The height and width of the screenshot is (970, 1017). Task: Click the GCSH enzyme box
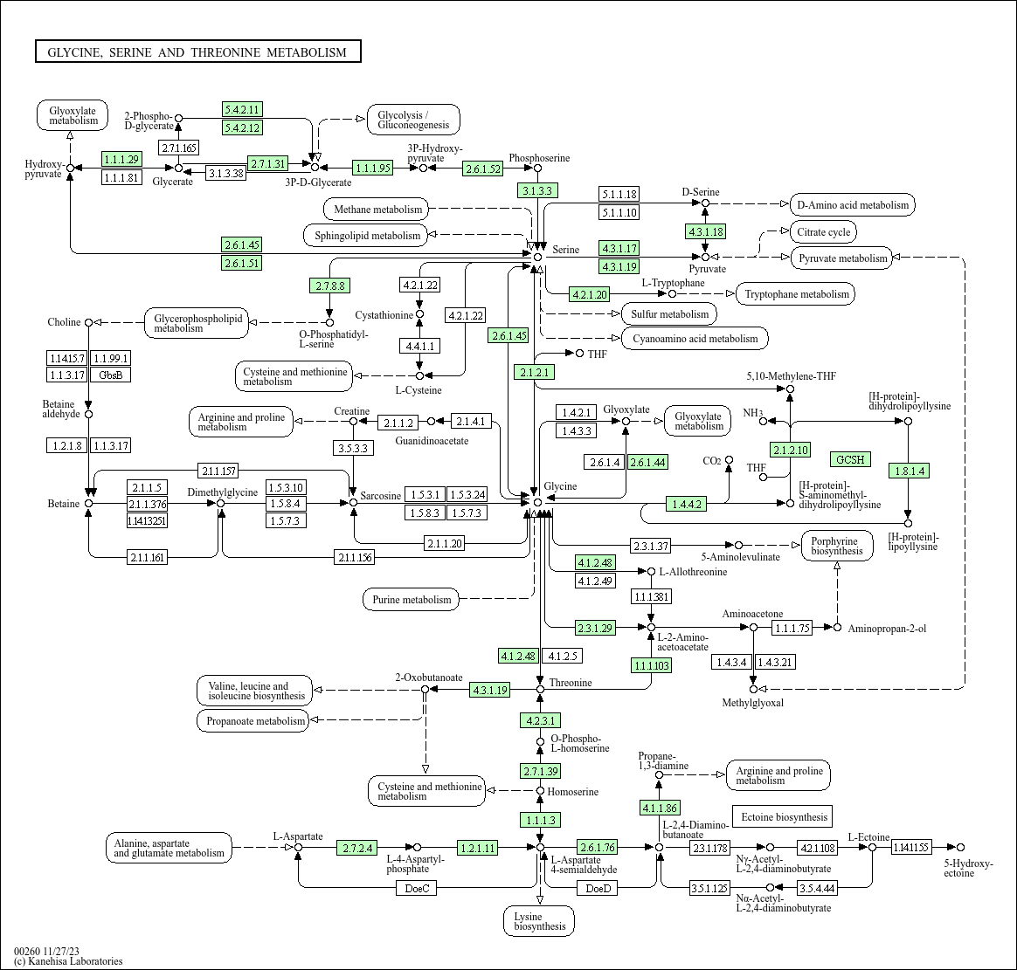(x=850, y=459)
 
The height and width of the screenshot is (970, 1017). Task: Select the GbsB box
(x=111, y=375)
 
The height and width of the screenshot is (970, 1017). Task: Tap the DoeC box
(x=417, y=888)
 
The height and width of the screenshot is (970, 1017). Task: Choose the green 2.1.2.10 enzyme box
(x=791, y=450)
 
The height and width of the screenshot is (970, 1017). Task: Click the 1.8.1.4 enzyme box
(x=910, y=471)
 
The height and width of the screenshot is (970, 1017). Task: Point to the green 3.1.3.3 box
(x=537, y=190)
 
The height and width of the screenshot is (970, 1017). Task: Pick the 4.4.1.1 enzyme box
(x=419, y=346)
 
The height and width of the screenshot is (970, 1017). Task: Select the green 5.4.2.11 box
(x=242, y=109)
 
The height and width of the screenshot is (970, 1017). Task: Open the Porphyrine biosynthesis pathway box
(x=837, y=546)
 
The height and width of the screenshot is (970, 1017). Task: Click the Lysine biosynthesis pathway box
(x=539, y=921)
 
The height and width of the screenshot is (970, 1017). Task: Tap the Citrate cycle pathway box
(x=824, y=232)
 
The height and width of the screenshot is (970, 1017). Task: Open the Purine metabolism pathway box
(x=412, y=599)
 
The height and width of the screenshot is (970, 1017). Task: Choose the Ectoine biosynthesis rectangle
(x=783, y=817)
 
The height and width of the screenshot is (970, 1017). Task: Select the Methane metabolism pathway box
(x=378, y=210)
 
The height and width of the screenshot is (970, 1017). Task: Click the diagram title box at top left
(x=197, y=52)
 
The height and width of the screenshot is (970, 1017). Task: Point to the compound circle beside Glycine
(x=537, y=502)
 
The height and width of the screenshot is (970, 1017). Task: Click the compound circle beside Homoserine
(x=540, y=790)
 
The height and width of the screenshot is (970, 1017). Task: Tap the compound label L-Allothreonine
(x=694, y=572)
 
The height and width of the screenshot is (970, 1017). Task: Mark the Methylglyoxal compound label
(x=753, y=703)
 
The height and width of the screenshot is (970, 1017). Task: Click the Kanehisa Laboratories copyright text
(x=68, y=961)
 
